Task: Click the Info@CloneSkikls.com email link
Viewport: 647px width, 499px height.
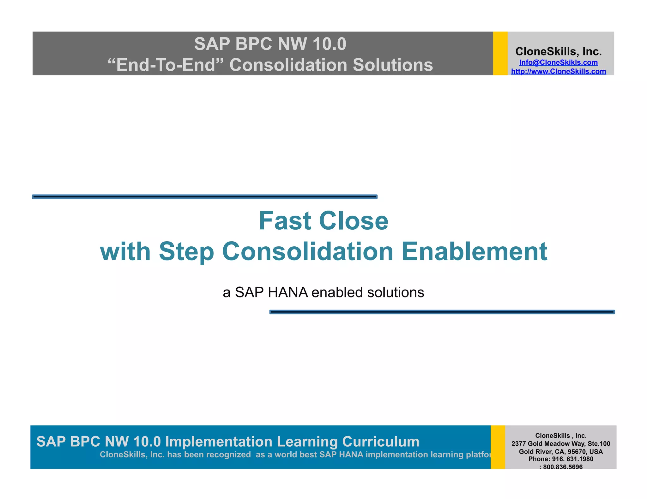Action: (558, 62)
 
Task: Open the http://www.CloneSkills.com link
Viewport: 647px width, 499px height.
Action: (558, 71)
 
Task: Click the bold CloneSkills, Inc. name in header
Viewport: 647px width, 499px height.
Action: (558, 51)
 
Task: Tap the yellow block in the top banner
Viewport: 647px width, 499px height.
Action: (500, 53)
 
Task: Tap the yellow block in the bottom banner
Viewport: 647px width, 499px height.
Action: (498, 447)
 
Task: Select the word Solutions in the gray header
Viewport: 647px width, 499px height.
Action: (392, 65)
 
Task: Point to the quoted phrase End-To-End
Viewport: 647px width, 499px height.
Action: (166, 65)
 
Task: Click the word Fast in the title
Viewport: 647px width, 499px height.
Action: (285, 221)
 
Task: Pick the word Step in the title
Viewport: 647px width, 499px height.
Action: (186, 251)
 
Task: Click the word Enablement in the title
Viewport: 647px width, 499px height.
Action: (474, 251)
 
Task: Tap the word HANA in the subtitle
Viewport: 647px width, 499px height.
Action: (287, 292)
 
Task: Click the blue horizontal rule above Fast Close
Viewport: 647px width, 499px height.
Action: (205, 197)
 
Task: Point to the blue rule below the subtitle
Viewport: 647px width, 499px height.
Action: (442, 312)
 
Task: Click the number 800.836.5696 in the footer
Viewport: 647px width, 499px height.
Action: (563, 467)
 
